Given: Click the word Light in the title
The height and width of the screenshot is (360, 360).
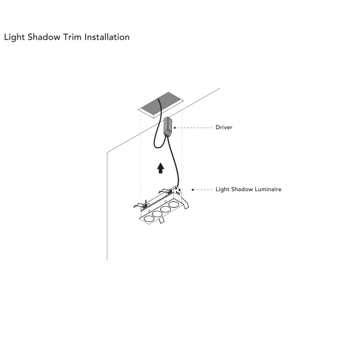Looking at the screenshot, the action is click(14, 37).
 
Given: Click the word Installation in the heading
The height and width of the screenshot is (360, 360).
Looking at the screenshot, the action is click(107, 37).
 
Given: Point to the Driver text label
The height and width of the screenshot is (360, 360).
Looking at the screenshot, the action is click(224, 127).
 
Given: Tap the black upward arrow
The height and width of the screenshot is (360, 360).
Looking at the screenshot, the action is click(161, 168).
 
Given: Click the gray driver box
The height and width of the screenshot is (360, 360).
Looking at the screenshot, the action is click(168, 126).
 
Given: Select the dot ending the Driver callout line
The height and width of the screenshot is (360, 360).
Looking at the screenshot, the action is click(175, 128).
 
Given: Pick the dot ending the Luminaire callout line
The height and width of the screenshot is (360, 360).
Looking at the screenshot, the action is click(193, 189).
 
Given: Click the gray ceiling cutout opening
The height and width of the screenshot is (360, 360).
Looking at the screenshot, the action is click(161, 105).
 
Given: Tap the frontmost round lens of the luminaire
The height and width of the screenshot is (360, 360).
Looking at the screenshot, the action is click(148, 219).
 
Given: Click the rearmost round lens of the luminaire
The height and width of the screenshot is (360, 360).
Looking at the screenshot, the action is click(174, 204).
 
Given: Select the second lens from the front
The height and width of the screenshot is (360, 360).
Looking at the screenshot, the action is click(157, 214).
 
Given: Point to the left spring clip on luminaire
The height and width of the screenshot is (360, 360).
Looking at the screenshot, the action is click(140, 204).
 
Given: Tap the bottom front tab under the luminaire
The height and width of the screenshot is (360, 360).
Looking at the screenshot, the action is click(162, 220).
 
